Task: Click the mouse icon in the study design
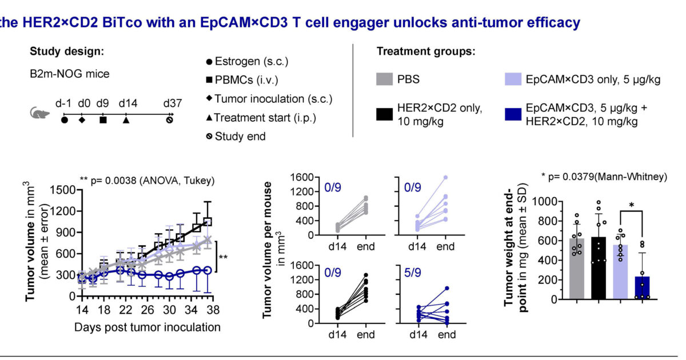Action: coord(38,114)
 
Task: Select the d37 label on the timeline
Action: coord(170,103)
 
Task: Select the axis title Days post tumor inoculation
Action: coord(147,327)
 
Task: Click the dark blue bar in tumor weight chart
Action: coord(644,287)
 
